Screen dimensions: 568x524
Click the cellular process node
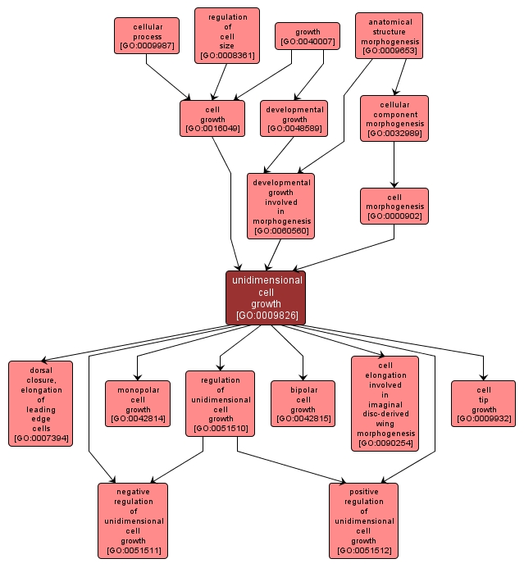(146, 36)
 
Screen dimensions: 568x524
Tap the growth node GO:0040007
(307, 36)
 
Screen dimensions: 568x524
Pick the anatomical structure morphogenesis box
(390, 35)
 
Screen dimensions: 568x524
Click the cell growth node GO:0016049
(212, 118)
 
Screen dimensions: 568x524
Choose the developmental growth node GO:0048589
(294, 118)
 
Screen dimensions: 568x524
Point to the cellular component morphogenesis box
(394, 118)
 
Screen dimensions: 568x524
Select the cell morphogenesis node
(394, 206)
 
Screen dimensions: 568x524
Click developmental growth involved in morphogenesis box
(280, 206)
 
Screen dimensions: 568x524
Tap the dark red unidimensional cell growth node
(266, 297)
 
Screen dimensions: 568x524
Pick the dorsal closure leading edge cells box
(40, 403)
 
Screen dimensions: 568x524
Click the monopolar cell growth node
(138, 403)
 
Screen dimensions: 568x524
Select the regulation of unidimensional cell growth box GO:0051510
(220, 403)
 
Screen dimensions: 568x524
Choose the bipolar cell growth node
(303, 403)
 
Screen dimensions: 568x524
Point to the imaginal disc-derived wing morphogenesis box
(385, 403)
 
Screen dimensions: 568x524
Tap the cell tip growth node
(483, 403)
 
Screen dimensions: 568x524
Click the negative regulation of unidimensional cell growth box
(133, 520)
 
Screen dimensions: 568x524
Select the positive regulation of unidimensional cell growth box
(363, 520)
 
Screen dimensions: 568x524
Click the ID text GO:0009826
(266, 316)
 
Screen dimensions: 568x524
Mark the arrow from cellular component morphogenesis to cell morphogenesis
(394, 164)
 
